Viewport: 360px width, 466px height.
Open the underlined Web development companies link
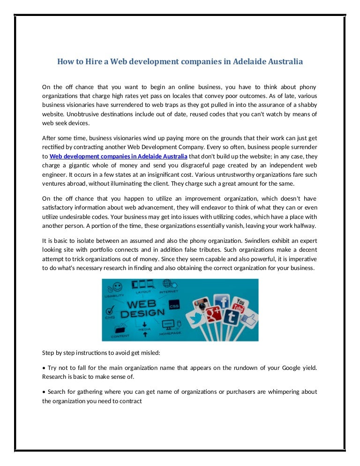tap(119, 156)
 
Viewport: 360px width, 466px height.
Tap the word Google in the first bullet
tap(280, 368)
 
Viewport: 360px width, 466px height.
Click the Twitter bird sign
tap(193, 319)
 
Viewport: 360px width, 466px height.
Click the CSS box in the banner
tap(173, 304)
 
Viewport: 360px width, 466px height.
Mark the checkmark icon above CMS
tap(111, 310)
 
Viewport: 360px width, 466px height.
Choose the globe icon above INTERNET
tap(166, 284)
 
